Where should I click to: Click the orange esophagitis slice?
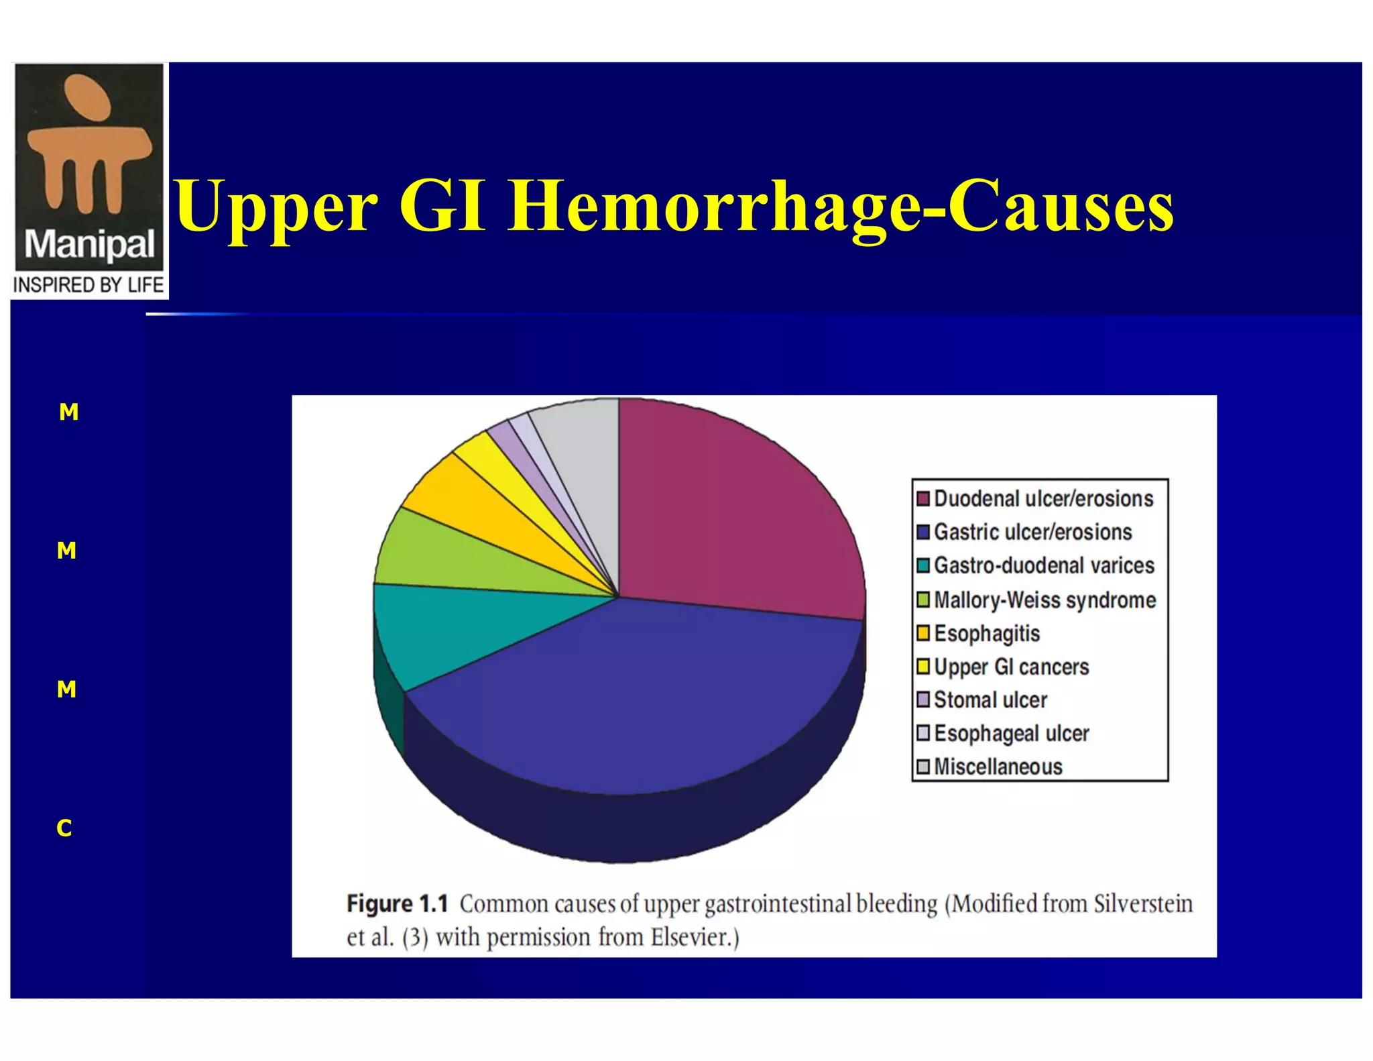(x=469, y=496)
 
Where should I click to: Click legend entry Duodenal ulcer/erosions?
(x=1042, y=499)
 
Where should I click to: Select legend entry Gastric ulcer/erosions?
(x=1032, y=533)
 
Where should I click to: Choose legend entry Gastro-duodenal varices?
(x=1043, y=566)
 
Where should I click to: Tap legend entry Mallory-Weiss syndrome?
(x=1044, y=600)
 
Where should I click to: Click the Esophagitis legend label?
(x=986, y=633)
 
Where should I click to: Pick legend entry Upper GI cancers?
(x=1011, y=667)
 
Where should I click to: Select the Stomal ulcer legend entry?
(x=990, y=700)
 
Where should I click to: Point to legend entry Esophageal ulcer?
(x=1011, y=734)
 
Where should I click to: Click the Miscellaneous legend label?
(x=998, y=767)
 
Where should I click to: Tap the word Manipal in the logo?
(x=89, y=245)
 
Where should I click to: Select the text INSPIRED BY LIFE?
(x=88, y=285)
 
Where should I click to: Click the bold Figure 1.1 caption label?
(x=397, y=904)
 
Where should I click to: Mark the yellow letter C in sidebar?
(x=64, y=828)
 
